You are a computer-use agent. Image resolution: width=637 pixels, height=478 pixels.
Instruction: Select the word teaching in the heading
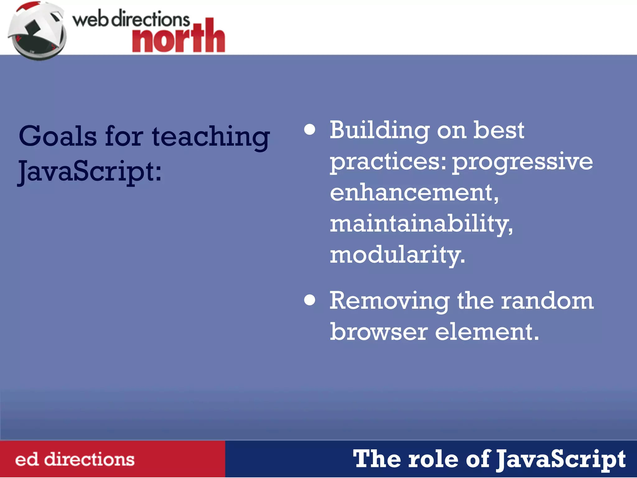pyautogui.click(x=211, y=137)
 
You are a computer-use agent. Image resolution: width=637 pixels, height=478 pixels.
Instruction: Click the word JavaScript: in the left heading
pyautogui.click(x=90, y=171)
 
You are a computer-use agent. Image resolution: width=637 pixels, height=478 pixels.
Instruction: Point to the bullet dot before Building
pyautogui.click(x=310, y=129)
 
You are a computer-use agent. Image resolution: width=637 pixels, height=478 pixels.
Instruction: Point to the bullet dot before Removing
pyautogui.click(x=310, y=300)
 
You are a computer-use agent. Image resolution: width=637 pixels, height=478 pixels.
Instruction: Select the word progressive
pyautogui.click(x=523, y=162)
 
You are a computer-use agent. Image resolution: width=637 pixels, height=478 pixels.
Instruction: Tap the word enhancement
pyautogui.click(x=414, y=193)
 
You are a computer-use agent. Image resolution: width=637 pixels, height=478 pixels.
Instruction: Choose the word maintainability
pyautogui.click(x=421, y=224)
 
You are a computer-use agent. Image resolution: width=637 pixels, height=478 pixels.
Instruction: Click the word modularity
pyautogui.click(x=397, y=255)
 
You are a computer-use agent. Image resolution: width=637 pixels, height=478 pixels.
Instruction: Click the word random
pyautogui.click(x=547, y=301)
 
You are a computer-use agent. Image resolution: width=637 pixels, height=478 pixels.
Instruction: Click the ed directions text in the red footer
pyautogui.click(x=75, y=460)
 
